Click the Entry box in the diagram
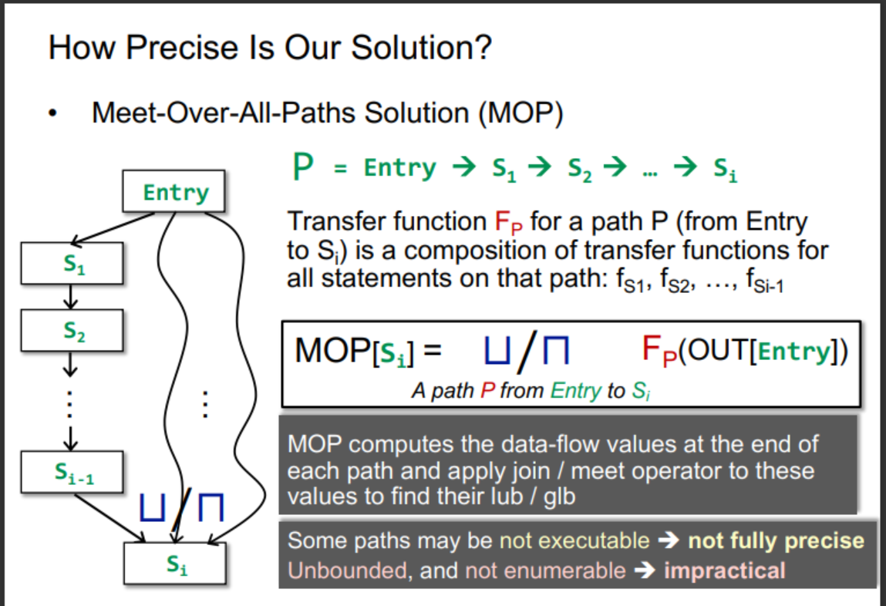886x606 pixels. tap(174, 191)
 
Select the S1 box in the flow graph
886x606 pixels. tap(72, 263)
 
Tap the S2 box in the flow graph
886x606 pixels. tap(72, 331)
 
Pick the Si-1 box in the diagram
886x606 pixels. tap(72, 472)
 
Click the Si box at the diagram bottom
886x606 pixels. tap(175, 563)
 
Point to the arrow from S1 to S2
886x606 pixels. tap(71, 297)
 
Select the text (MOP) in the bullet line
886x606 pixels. tap(520, 113)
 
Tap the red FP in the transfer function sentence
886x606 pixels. tap(509, 222)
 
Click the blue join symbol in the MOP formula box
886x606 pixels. tap(497, 350)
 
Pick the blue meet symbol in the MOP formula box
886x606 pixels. tap(555, 350)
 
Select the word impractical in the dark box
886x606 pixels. tap(724, 571)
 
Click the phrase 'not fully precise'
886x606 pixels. tap(776, 540)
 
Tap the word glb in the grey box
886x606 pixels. tap(559, 497)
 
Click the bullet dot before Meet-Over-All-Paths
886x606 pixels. tap(52, 113)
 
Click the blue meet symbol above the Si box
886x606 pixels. tap(211, 507)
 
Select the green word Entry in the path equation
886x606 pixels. tap(400, 167)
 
